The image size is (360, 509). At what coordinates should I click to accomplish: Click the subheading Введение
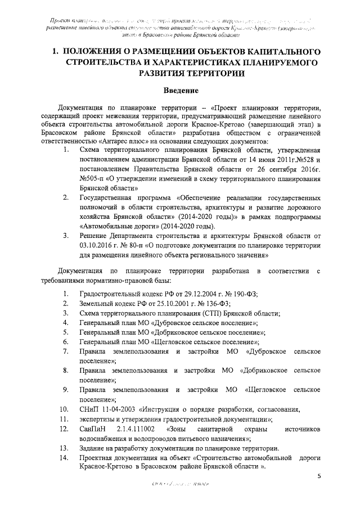point(179,90)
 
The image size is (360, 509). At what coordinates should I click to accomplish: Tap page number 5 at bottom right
point(319,477)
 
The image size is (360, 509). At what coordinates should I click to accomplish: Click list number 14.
point(65,458)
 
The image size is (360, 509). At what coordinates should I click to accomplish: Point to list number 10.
point(65,409)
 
